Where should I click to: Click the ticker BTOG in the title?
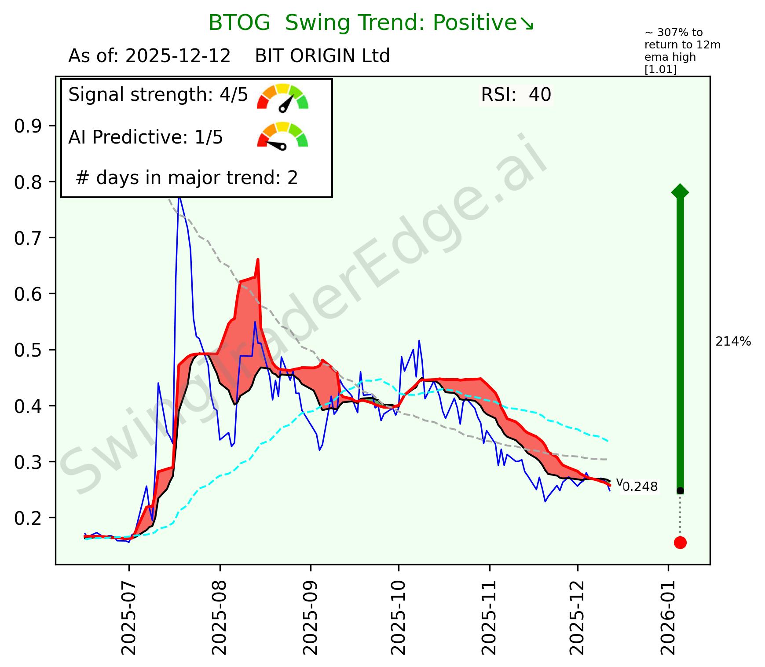click(x=239, y=23)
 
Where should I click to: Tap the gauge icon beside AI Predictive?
click(x=283, y=136)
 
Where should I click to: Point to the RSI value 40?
click(x=540, y=95)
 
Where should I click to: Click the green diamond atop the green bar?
click(x=680, y=192)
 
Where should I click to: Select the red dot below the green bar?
click(x=680, y=542)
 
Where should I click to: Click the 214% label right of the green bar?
click(x=733, y=342)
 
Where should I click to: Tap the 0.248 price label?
click(x=640, y=487)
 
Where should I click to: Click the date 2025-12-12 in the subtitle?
click(x=178, y=56)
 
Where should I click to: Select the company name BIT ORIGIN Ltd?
click(x=322, y=56)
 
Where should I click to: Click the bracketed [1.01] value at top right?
click(x=660, y=70)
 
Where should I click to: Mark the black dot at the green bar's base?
click(x=680, y=490)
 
